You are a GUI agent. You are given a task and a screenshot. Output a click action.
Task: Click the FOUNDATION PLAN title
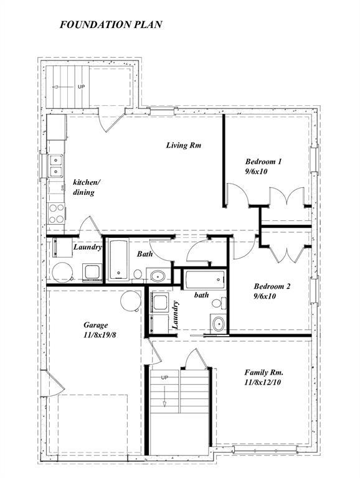[111, 25]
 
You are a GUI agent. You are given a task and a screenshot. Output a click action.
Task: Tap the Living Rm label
[184, 146]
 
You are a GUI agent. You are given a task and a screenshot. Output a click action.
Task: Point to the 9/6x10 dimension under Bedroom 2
[265, 296]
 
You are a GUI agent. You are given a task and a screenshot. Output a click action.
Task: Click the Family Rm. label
[264, 372]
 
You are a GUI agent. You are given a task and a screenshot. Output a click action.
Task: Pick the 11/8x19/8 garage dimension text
[100, 335]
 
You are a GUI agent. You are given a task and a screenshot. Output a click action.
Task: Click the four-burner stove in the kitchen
[55, 213]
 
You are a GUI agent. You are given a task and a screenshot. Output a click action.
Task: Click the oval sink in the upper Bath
[156, 276]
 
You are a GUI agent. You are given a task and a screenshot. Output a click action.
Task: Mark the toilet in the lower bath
[217, 303]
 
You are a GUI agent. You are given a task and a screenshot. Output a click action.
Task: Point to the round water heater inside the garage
[131, 301]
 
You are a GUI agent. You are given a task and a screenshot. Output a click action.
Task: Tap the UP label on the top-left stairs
[81, 87]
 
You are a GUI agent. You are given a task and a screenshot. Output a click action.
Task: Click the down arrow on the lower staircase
[164, 396]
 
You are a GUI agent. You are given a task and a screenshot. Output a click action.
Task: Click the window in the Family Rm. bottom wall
[265, 449]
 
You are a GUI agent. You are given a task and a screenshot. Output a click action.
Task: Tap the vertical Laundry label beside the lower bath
[176, 314]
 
